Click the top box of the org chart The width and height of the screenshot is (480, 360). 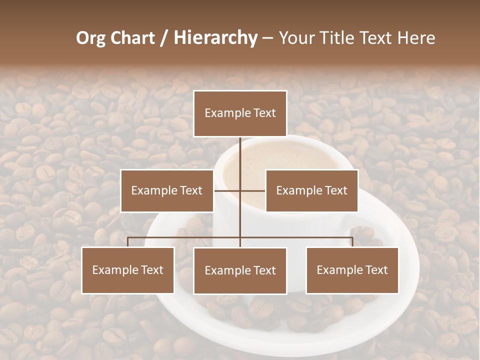tap(240, 113)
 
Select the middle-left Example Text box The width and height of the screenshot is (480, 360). tap(167, 190)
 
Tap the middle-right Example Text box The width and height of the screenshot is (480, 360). tap(311, 190)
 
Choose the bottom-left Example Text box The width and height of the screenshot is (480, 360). tap(127, 270)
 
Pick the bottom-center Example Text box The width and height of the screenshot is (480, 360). tap(240, 270)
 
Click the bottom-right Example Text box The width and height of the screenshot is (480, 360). tap(352, 270)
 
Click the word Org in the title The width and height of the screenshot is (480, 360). tap(90, 38)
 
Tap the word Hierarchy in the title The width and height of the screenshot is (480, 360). tap(215, 38)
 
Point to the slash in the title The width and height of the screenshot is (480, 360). tap(164, 38)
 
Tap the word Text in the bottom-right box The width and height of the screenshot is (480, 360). tap(375, 270)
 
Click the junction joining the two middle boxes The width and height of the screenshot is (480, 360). tap(240, 190)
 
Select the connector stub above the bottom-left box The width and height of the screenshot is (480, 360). tap(127, 242)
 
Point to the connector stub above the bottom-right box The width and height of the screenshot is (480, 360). tap(352, 242)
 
